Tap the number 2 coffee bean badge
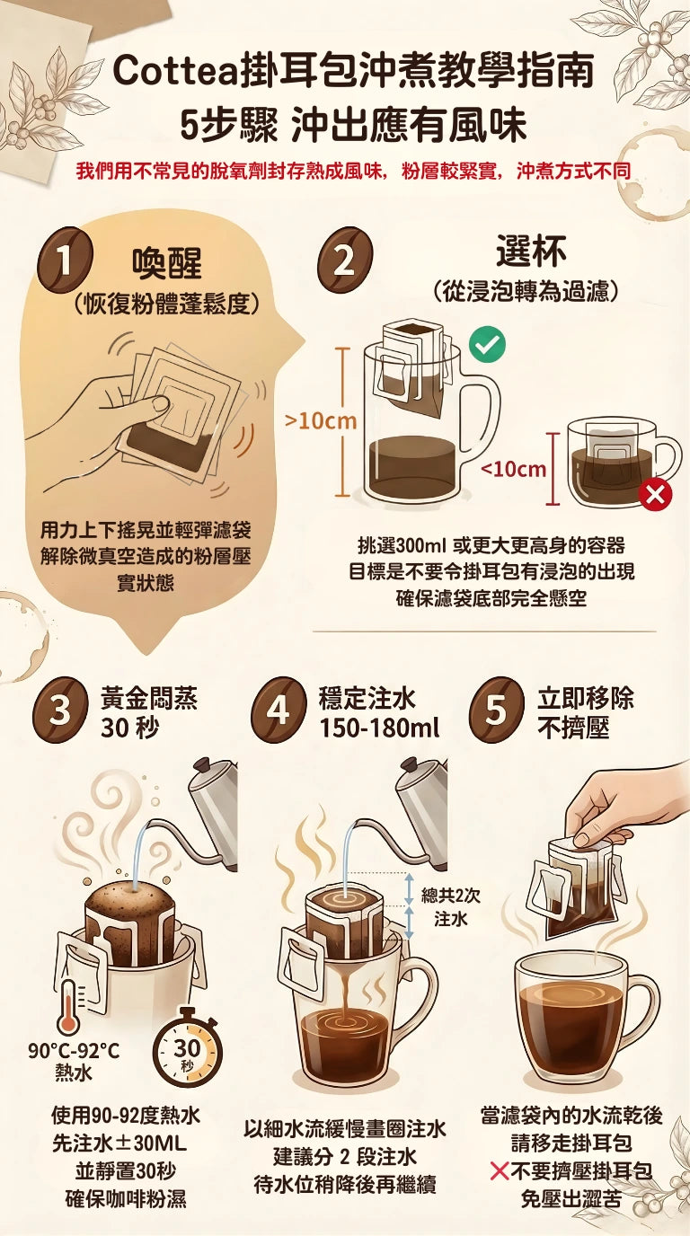[344, 261]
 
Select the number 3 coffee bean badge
[59, 711]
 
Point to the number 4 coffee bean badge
[278, 711]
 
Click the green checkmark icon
[487, 344]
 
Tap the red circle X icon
[656, 493]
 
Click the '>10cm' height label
[320, 420]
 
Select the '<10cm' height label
[513, 469]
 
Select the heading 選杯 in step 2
[531, 252]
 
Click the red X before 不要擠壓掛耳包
[500, 1171]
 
